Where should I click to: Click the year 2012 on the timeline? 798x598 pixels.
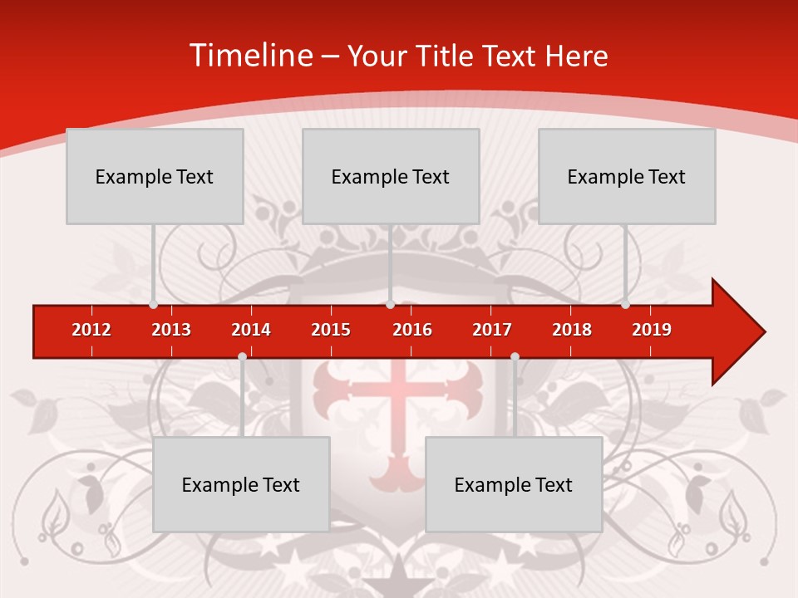[x=91, y=330]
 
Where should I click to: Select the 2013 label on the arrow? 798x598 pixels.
[x=171, y=330]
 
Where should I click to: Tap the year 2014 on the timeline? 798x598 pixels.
[x=251, y=330]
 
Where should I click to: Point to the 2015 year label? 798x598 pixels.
[x=331, y=330]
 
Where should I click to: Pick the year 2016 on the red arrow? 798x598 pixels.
[x=412, y=330]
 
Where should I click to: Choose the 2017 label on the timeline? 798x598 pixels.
[x=492, y=330]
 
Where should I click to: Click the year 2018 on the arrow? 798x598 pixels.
[x=572, y=330]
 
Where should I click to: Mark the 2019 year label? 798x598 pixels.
[x=652, y=330]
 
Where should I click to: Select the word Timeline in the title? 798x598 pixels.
[x=250, y=56]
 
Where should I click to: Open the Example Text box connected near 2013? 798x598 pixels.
[x=155, y=176]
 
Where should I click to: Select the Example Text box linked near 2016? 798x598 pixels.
[x=391, y=176]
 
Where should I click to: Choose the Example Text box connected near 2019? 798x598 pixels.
[x=627, y=176]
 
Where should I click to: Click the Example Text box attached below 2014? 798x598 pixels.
[x=241, y=484]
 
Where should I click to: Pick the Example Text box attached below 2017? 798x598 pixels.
[x=514, y=484]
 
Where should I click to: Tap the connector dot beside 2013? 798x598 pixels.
[x=153, y=304]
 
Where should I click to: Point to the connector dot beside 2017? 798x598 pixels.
[x=515, y=357]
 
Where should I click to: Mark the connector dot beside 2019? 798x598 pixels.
[x=625, y=304]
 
